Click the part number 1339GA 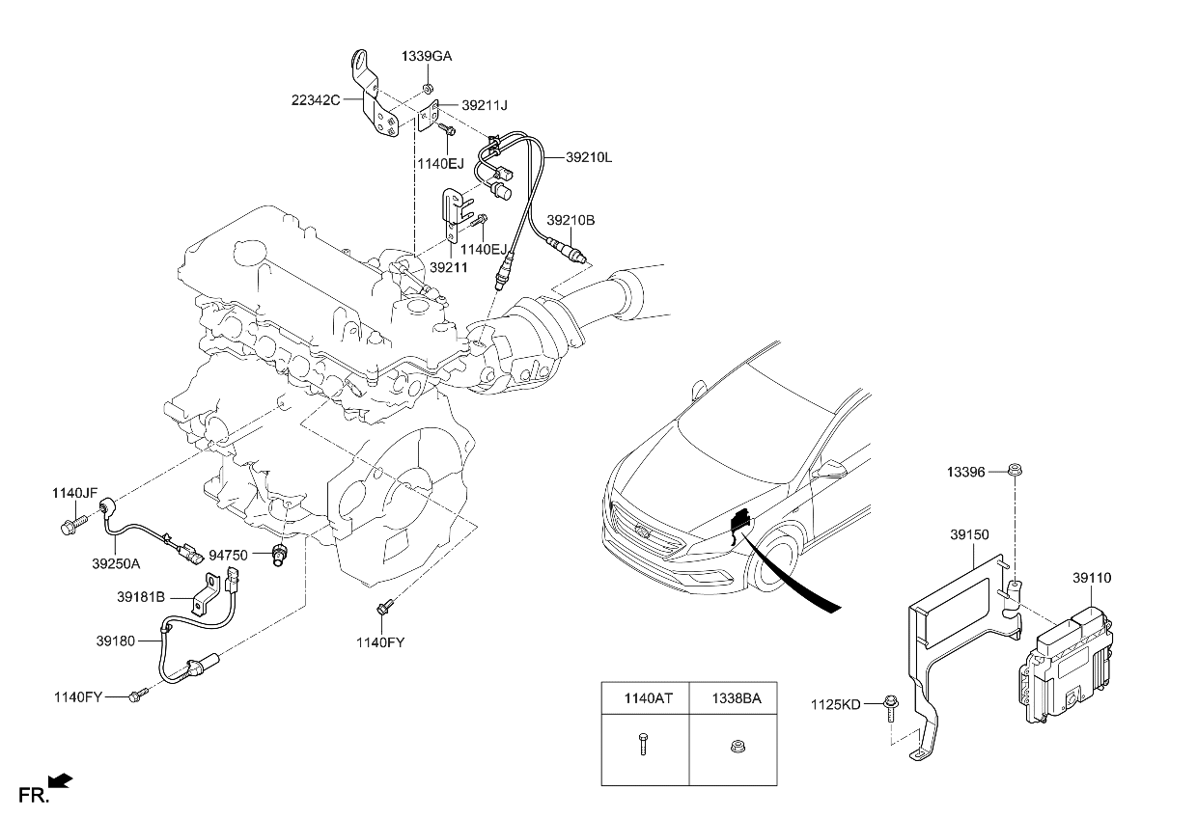point(427,58)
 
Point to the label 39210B point(571,220)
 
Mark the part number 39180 point(116,640)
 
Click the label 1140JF point(75,493)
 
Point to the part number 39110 point(1092,578)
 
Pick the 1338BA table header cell point(738,697)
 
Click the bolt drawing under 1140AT point(642,743)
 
